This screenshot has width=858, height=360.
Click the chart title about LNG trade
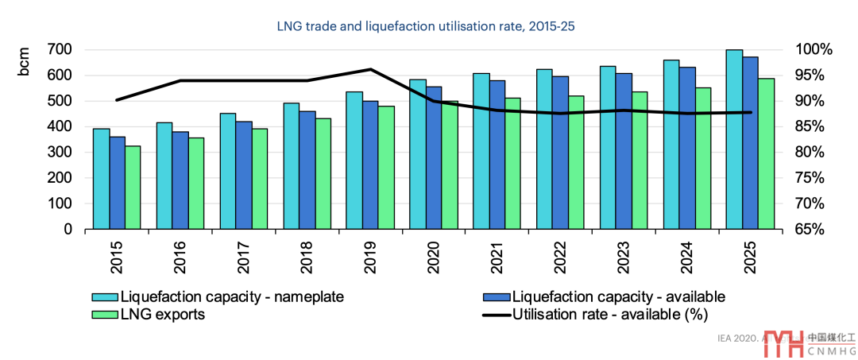coord(425,26)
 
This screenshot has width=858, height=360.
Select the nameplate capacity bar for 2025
coord(733,140)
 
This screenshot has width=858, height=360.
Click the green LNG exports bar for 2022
coord(575,163)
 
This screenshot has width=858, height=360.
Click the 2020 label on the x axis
coord(433,254)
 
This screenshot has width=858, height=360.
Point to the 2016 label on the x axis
coord(180,254)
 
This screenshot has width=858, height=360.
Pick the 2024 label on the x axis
coord(686,254)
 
